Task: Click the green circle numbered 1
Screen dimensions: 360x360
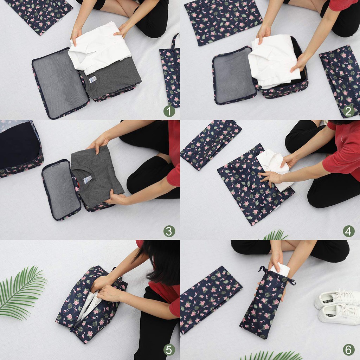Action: click(x=169, y=111)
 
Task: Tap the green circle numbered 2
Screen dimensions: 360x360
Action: click(x=349, y=111)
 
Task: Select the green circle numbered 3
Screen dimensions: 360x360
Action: click(x=169, y=231)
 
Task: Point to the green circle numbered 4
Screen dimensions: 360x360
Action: click(x=349, y=231)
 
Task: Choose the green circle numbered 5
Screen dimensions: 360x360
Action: click(x=169, y=350)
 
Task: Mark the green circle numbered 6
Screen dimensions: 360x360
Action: click(x=349, y=350)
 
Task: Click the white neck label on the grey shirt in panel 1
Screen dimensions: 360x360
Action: click(x=92, y=79)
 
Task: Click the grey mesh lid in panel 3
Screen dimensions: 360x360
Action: click(x=61, y=190)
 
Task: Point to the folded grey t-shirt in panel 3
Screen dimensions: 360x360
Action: click(x=97, y=176)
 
